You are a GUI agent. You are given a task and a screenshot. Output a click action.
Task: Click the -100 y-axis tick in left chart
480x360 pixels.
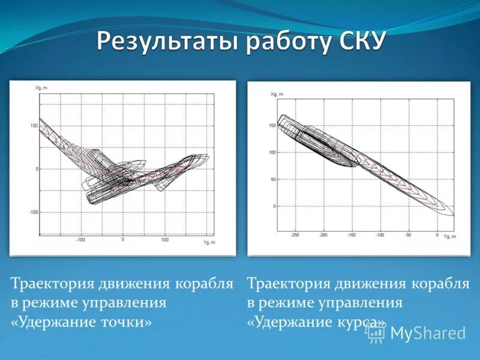click(32, 212)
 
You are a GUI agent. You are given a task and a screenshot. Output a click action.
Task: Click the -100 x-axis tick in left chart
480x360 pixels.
click(80, 239)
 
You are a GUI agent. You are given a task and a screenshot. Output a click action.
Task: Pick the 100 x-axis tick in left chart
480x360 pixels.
click(165, 239)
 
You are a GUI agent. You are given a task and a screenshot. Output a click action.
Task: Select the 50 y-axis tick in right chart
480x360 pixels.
click(273, 179)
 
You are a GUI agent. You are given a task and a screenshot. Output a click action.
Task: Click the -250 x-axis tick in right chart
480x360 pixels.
click(295, 235)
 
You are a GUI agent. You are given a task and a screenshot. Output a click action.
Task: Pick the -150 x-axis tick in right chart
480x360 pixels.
click(352, 235)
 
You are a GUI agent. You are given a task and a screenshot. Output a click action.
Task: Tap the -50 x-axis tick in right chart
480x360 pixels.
click(409, 235)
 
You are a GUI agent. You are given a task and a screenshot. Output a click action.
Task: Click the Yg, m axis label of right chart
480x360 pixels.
click(450, 237)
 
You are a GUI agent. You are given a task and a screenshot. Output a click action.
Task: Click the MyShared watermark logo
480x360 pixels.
click(417, 333)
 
